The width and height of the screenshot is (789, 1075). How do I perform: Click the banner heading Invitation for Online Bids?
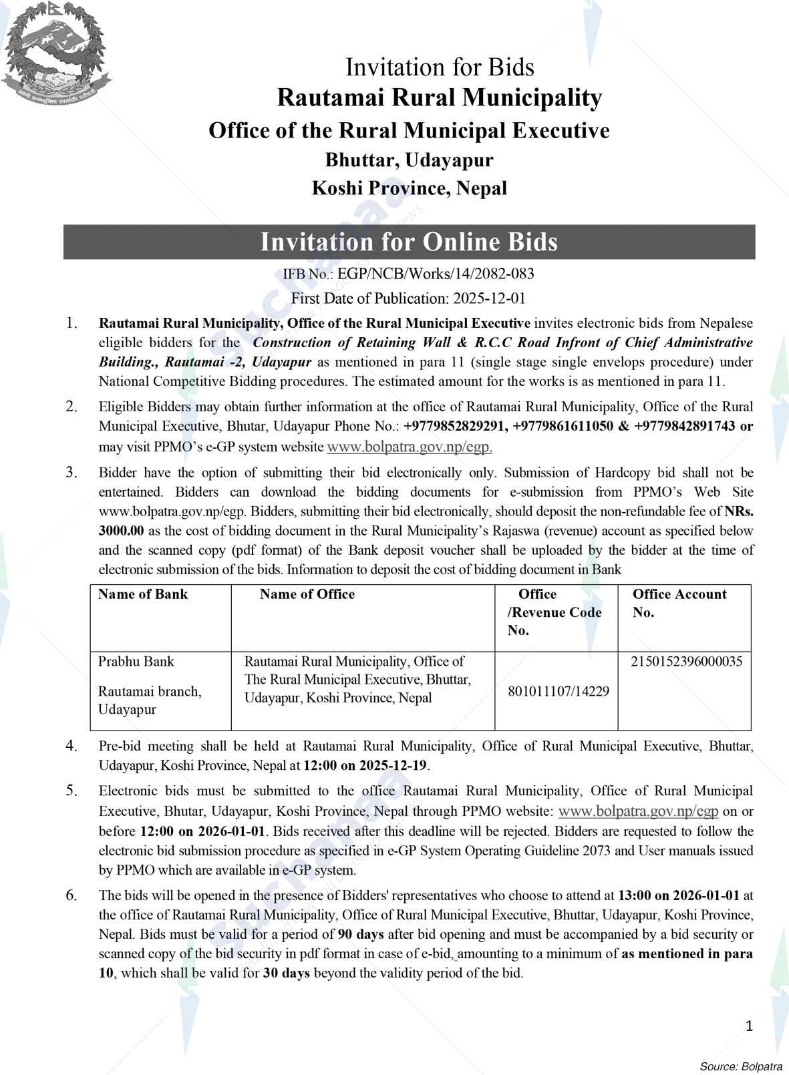coord(409,242)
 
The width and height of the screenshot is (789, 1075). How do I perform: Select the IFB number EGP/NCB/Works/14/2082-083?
coord(436,274)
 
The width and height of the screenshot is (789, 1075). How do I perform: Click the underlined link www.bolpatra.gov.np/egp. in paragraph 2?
coord(410,447)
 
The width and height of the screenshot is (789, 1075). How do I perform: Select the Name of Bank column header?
coord(143,594)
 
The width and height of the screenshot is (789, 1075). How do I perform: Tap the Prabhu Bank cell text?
coord(136,662)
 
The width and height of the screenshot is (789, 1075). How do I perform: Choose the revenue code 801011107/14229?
coord(559,691)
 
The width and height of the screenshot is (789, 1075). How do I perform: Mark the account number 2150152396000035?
coord(686,662)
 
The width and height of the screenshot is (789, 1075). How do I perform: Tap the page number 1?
coord(750,1026)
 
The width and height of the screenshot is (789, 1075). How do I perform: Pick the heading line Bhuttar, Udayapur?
coord(409,160)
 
